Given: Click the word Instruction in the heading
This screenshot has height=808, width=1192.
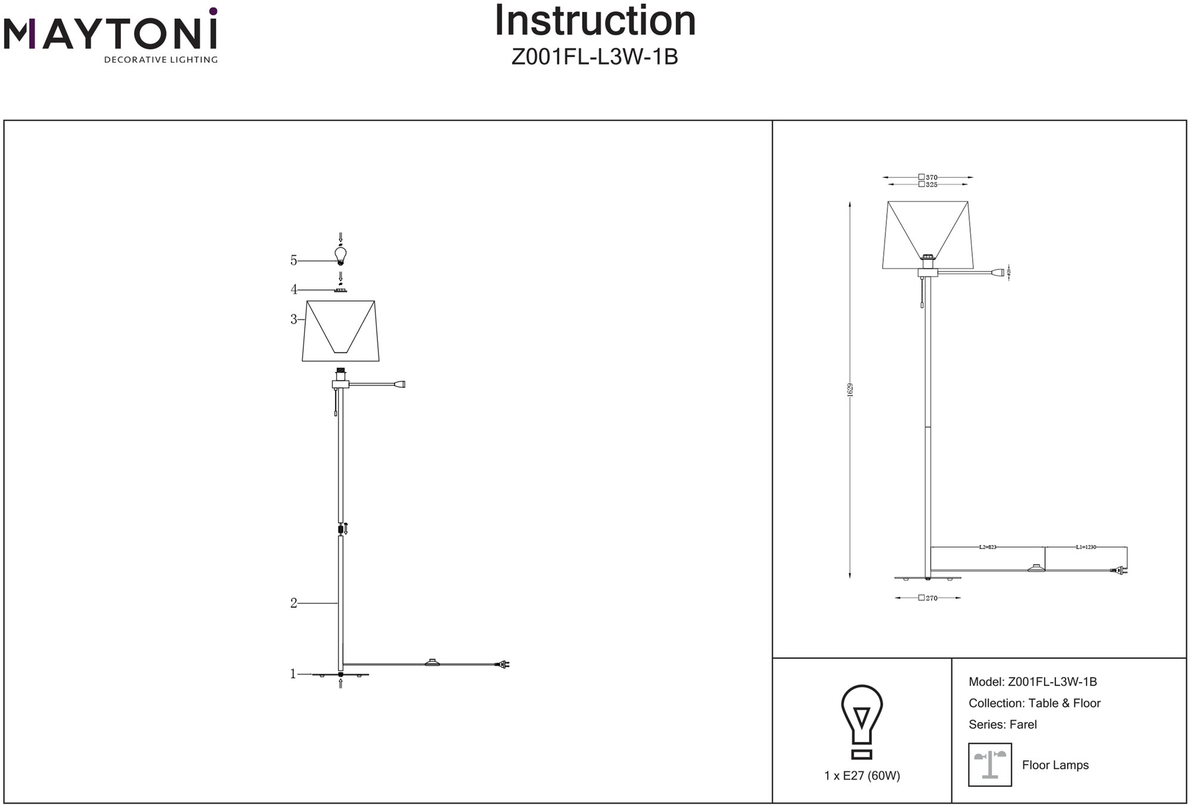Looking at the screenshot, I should tap(595, 21).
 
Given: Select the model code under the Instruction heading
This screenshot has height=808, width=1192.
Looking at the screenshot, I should tap(595, 57).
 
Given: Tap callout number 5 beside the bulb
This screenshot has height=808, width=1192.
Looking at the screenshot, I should tap(293, 260).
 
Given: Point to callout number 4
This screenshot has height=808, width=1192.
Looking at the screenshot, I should tap(293, 290).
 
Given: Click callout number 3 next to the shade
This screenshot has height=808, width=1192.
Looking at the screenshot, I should tap(293, 319).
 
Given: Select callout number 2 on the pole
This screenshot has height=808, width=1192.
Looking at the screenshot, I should tap(293, 603).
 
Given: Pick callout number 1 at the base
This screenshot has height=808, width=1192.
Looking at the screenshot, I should tap(293, 674).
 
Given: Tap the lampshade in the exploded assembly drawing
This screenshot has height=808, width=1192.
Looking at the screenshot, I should tap(341, 331).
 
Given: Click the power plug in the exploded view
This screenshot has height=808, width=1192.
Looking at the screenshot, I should tap(503, 664).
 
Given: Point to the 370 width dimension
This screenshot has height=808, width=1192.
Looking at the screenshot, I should tap(932, 177).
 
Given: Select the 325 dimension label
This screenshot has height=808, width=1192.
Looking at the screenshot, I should tap(932, 185).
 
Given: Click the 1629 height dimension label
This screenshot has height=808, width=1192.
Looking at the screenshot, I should tap(850, 390).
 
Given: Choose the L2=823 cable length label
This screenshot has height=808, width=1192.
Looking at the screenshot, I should tap(988, 547).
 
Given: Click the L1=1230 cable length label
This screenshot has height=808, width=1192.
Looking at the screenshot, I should tap(1086, 547).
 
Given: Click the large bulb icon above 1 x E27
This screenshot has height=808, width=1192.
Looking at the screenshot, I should tap(862, 722).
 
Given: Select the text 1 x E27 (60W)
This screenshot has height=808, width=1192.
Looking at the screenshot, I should tap(862, 776).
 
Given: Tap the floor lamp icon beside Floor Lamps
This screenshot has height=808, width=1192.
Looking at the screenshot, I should tap(990, 765).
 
